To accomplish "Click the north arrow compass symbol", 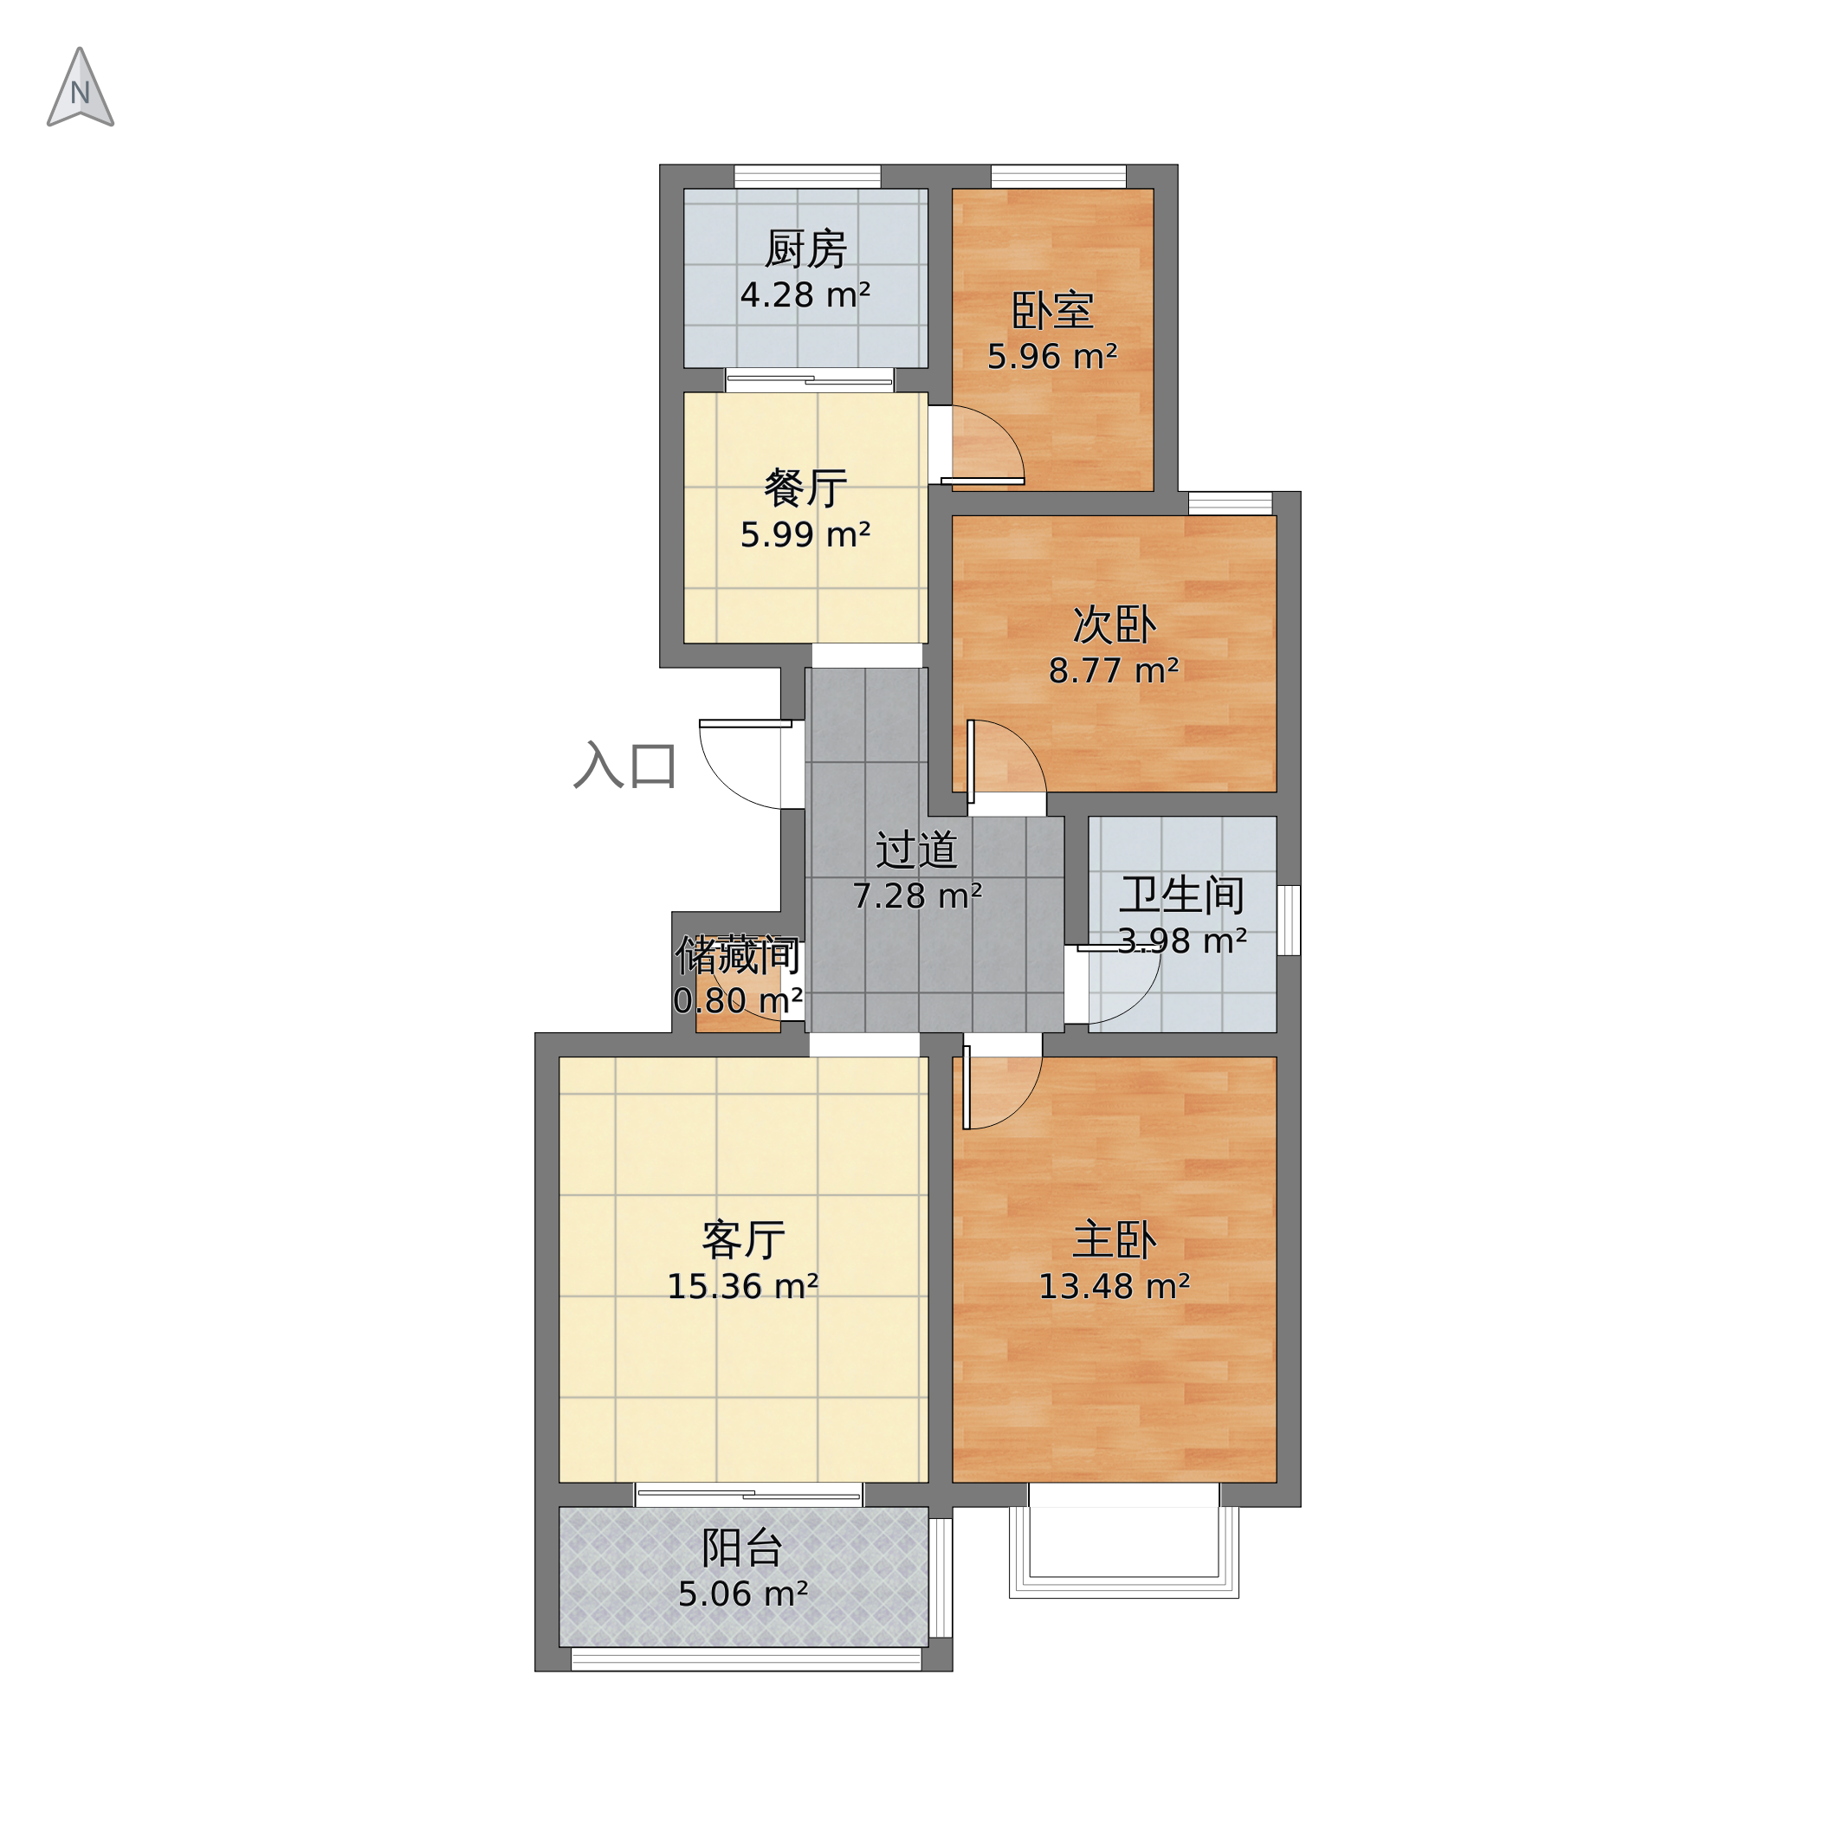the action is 80,87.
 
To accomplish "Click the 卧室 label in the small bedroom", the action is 1052,310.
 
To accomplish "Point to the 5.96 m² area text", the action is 1052,356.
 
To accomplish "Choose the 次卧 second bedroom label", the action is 1114,624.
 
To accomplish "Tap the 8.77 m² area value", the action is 1114,671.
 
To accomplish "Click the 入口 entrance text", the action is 624,765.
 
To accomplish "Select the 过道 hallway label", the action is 916,850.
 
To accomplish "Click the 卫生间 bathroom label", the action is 1182,895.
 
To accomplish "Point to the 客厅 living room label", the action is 743,1240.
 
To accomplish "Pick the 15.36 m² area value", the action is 743,1287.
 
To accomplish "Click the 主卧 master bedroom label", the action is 1114,1240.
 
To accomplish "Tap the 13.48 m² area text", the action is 1114,1287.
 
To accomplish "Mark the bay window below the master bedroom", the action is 1123,1541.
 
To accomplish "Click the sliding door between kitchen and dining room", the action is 810,380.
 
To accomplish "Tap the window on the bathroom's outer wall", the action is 1289,920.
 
